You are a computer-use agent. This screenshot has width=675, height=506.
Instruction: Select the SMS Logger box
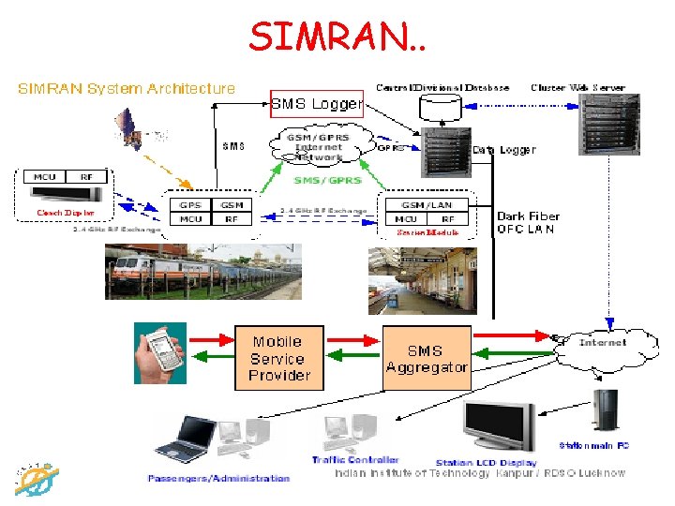[x=316, y=103]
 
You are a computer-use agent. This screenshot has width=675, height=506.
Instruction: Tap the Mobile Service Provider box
[x=278, y=358]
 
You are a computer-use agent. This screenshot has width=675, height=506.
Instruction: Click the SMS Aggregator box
[x=427, y=358]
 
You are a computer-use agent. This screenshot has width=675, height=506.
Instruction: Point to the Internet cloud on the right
[x=602, y=343]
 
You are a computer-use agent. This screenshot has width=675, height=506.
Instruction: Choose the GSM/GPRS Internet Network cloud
[x=319, y=148]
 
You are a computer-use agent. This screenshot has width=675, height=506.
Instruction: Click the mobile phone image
[x=160, y=353]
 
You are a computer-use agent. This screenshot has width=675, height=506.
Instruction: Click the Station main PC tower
[x=602, y=413]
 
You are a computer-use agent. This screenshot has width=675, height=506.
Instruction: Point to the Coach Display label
[x=66, y=213]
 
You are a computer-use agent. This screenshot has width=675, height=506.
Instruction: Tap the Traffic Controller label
[x=355, y=460]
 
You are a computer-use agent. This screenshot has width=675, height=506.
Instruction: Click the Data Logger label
[x=503, y=149]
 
